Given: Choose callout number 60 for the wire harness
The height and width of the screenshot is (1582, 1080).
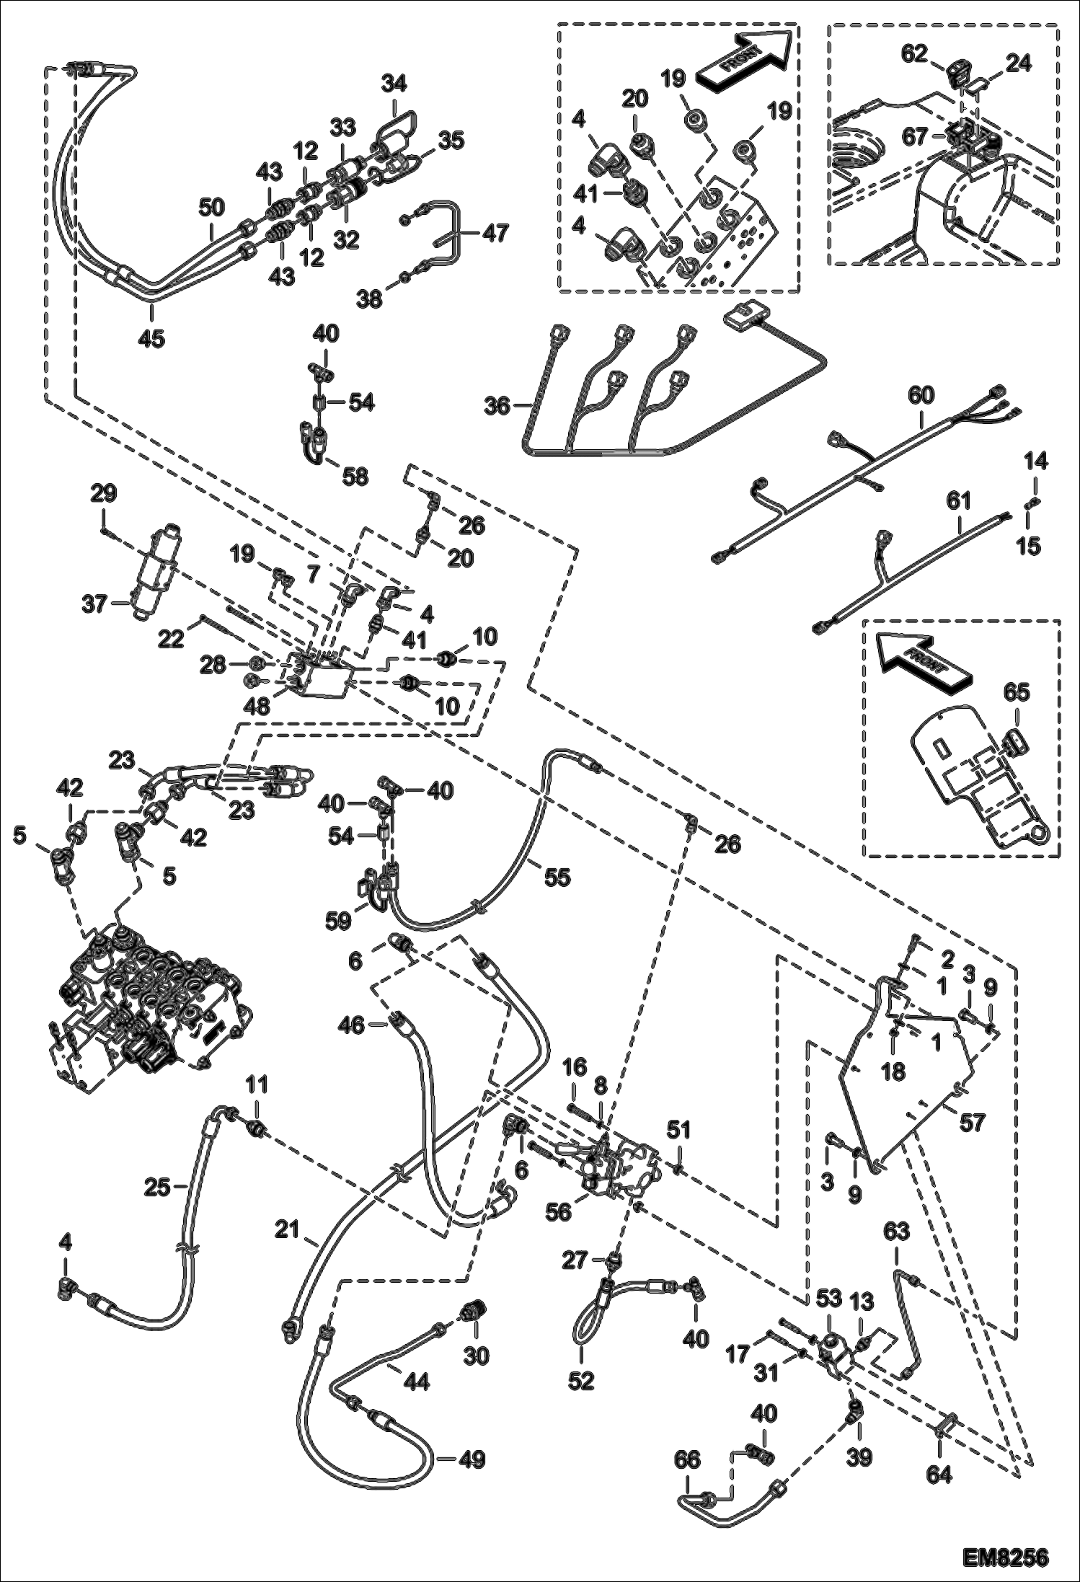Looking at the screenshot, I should point(921,395).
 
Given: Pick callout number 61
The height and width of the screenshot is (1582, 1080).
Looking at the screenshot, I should point(960,500).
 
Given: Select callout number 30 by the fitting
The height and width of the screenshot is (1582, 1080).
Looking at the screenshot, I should point(477,1356).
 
